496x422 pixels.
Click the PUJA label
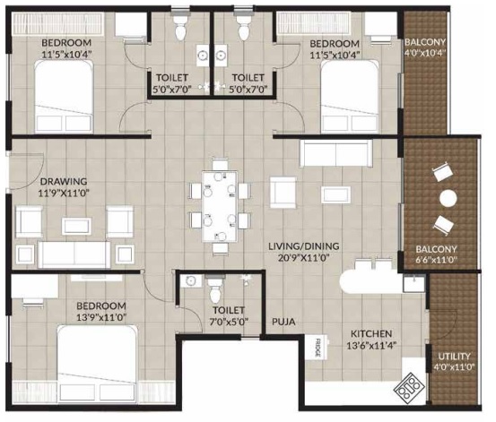click(x=283, y=322)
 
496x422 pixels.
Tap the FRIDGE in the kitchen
click(x=318, y=349)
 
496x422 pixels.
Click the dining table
click(x=220, y=206)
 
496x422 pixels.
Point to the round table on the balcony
click(x=448, y=199)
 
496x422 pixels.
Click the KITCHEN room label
click(x=371, y=333)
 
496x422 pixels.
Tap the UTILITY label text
click(x=454, y=357)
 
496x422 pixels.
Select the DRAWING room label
click(x=64, y=182)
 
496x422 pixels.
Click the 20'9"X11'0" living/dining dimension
click(x=304, y=258)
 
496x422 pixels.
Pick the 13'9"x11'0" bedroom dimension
click(x=101, y=317)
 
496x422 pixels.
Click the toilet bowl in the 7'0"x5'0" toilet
click(x=215, y=289)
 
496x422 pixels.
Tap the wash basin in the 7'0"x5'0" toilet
click(x=191, y=280)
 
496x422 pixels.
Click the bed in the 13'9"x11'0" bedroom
click(x=98, y=365)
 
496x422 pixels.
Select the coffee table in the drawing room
click(x=77, y=226)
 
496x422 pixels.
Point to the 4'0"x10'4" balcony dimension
click(x=425, y=53)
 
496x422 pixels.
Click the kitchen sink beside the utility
click(x=413, y=283)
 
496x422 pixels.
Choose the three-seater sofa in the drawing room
click(x=74, y=254)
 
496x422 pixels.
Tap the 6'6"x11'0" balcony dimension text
click(x=437, y=261)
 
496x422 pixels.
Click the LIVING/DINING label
click(x=304, y=245)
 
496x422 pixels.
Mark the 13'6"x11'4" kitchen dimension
click(x=372, y=346)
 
